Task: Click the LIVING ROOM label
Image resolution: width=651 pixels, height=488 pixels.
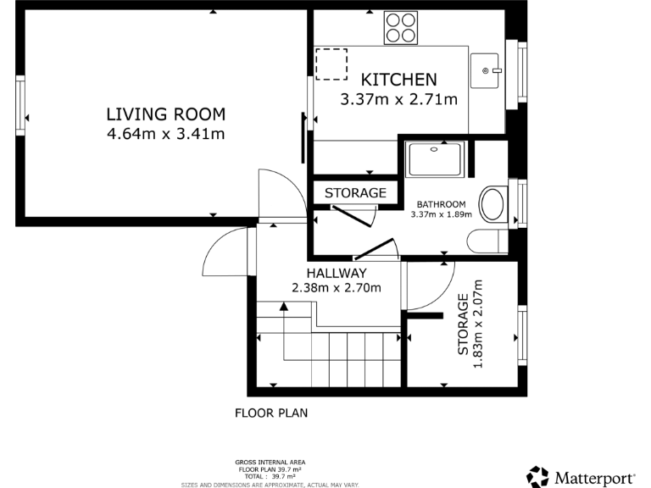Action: (x=166, y=114)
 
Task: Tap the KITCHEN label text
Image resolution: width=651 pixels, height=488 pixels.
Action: (x=398, y=80)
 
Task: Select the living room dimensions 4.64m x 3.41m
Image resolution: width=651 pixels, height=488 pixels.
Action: (x=166, y=134)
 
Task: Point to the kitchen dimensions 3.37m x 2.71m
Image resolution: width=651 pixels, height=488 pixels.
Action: (x=399, y=100)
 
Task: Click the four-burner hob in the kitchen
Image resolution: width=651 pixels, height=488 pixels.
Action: (x=401, y=28)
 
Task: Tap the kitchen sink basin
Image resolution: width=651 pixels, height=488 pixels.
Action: (x=485, y=70)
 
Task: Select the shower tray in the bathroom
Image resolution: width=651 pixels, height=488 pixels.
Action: (x=435, y=159)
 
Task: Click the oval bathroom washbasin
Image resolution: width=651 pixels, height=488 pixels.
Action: (x=493, y=204)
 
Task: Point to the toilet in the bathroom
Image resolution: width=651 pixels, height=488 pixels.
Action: (x=487, y=241)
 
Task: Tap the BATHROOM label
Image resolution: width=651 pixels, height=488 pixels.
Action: (x=442, y=204)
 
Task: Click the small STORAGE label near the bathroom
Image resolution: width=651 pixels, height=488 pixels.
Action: (x=355, y=193)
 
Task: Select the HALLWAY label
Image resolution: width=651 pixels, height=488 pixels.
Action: (x=337, y=273)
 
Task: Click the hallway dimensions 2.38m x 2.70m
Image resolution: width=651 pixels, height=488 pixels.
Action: (x=337, y=287)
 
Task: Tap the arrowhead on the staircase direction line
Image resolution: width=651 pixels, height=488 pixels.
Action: (x=284, y=307)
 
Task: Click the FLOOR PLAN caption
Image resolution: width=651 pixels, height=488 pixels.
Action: (x=271, y=413)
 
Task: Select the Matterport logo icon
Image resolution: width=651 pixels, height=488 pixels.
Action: (x=537, y=477)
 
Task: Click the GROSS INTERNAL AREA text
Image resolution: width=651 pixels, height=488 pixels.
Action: (x=270, y=463)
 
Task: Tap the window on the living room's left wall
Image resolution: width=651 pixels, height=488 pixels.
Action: (x=20, y=105)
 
